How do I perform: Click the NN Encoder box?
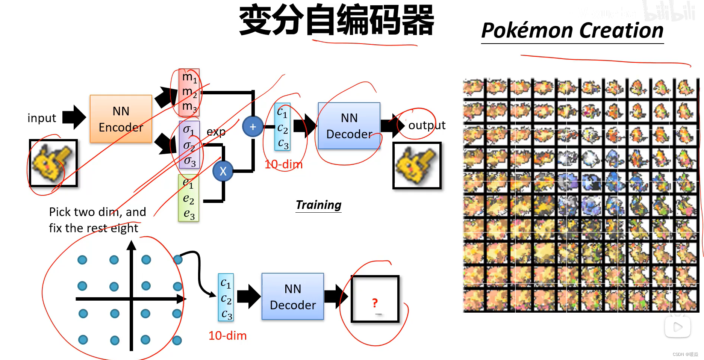121,119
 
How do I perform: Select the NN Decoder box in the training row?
349,126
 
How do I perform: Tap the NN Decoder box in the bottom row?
292,296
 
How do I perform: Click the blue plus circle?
253,127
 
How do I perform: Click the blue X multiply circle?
223,171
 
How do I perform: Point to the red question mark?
374,303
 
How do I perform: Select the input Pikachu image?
53,163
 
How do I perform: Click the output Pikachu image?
416,165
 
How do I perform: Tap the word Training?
318,205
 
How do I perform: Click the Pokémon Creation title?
572,31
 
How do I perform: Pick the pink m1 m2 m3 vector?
189,92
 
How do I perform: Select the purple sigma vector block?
189,145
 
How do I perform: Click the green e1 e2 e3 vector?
188,198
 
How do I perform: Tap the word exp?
216,132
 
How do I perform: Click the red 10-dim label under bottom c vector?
227,336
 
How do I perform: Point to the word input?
42,118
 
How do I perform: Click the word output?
427,125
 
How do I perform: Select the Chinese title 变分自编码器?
336,20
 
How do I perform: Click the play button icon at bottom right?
677,327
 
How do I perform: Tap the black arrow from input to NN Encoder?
74,117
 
